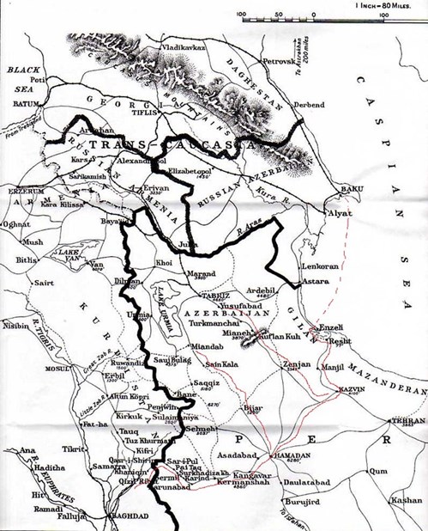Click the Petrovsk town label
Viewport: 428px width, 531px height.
coord(277,62)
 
